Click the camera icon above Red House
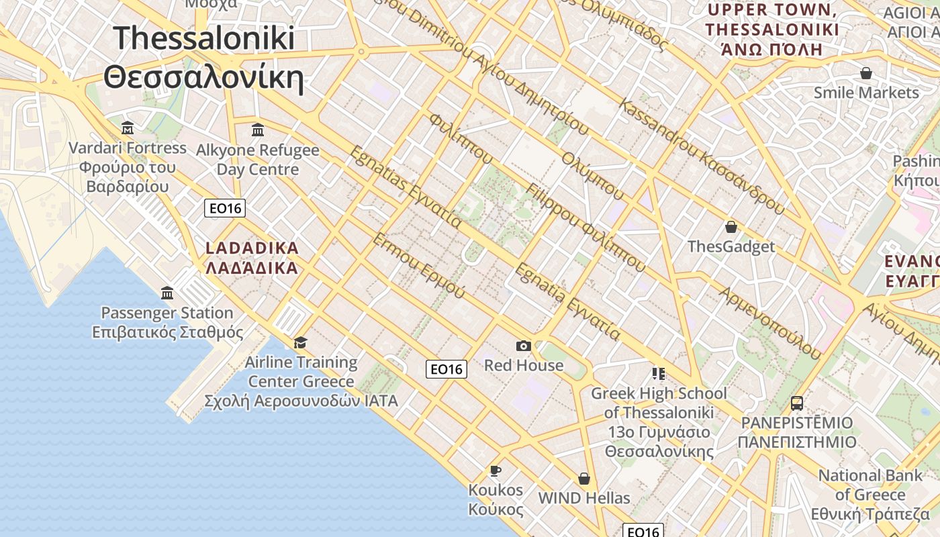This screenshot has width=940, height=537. [x=524, y=346]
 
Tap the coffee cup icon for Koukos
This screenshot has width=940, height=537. [x=496, y=470]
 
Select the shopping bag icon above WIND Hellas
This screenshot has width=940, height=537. [x=584, y=479]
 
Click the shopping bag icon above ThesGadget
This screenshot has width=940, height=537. [x=731, y=227]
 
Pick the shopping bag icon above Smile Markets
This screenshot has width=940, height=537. [x=866, y=72]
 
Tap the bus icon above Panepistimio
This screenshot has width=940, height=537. [x=797, y=403]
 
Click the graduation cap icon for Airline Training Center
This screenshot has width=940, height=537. [x=300, y=342]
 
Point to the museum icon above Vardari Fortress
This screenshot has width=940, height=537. [x=128, y=128]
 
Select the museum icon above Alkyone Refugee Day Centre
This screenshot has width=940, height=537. [x=258, y=130]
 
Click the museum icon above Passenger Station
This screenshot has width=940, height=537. [x=167, y=293]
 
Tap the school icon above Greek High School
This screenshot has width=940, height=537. [x=658, y=373]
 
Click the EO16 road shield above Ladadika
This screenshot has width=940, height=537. [x=225, y=208]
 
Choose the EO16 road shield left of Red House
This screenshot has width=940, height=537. [x=446, y=369]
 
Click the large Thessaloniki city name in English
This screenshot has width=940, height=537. [x=204, y=38]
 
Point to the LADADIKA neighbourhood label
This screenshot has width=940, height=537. [x=252, y=248]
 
